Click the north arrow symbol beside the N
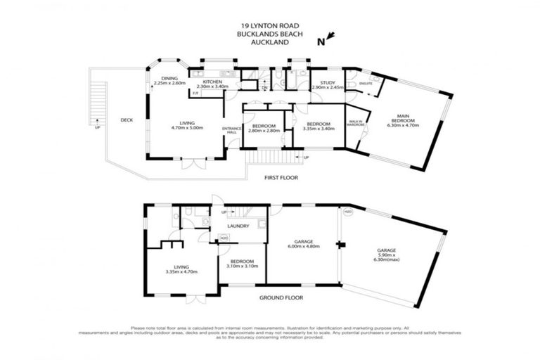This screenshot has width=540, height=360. click(x=331, y=37)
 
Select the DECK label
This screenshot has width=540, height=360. click(x=127, y=120)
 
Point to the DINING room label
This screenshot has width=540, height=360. click(x=169, y=78)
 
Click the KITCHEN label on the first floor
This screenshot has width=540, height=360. click(x=212, y=82)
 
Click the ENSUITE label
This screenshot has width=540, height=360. click(x=365, y=84)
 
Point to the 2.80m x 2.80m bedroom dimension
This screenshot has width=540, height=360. click(x=264, y=131)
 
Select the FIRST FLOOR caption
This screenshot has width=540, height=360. click(x=279, y=178)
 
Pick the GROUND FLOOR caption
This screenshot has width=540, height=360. click(x=280, y=298)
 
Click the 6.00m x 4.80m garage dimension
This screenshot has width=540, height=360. click(x=304, y=247)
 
